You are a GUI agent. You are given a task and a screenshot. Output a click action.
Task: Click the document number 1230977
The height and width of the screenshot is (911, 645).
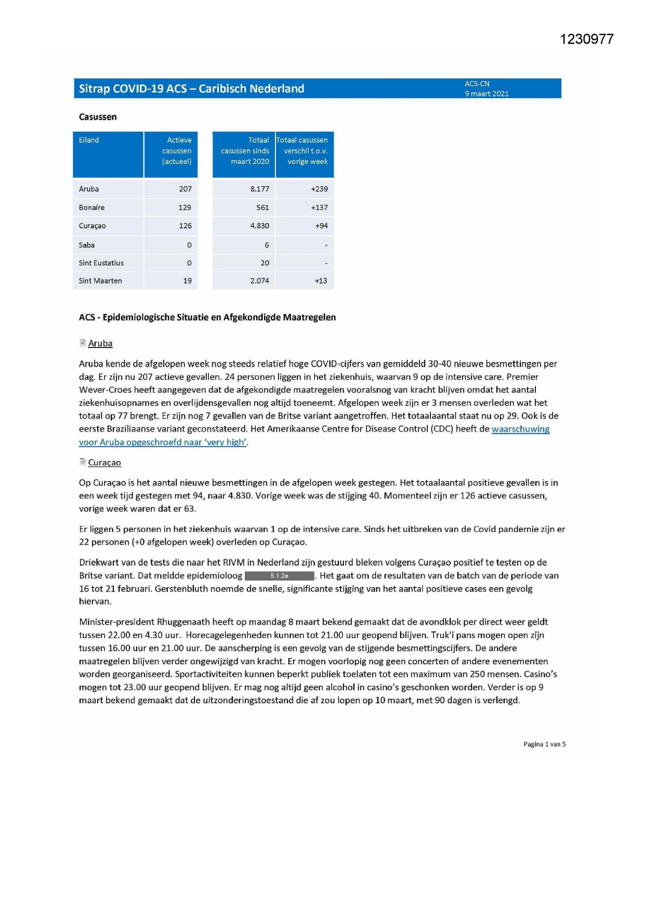(586, 39)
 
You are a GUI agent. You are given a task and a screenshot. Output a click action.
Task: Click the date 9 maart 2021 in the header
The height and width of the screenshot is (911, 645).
(486, 94)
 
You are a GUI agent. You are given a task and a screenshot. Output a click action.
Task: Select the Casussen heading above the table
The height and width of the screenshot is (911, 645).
(98, 117)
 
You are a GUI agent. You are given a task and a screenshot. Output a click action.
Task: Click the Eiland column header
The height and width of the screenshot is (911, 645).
(89, 140)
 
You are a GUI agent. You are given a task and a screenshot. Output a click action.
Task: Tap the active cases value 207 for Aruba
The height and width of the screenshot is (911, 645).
(185, 189)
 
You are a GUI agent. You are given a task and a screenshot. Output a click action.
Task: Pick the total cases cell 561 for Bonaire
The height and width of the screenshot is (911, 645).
(262, 208)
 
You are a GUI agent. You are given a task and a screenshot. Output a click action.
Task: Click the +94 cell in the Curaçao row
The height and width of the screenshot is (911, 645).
(321, 226)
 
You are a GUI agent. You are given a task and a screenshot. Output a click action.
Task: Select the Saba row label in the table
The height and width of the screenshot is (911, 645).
(87, 245)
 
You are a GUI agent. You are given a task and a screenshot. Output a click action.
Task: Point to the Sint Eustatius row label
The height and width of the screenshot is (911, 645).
(101, 263)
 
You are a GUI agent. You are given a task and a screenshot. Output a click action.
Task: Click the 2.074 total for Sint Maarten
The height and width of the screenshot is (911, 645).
(259, 281)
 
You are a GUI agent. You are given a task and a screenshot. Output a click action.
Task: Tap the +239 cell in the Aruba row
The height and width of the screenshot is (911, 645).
(319, 189)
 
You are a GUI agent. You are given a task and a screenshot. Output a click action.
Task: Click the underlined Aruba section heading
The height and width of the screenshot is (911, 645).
(100, 343)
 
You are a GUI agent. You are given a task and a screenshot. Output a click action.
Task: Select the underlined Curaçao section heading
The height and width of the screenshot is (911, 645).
(104, 463)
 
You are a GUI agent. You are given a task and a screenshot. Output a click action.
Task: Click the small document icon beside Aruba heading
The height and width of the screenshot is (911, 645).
(83, 343)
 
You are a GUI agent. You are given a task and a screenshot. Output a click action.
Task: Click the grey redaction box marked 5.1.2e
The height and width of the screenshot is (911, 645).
(280, 576)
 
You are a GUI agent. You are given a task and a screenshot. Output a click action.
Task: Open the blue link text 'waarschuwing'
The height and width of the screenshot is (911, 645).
(520, 429)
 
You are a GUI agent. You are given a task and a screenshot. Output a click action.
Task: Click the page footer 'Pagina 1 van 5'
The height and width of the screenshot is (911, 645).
(544, 744)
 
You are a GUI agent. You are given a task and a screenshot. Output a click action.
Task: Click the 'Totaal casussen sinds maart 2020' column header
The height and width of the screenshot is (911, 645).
(244, 151)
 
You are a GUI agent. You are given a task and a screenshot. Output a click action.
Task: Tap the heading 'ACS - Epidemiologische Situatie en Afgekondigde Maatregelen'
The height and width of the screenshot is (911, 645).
(207, 317)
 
